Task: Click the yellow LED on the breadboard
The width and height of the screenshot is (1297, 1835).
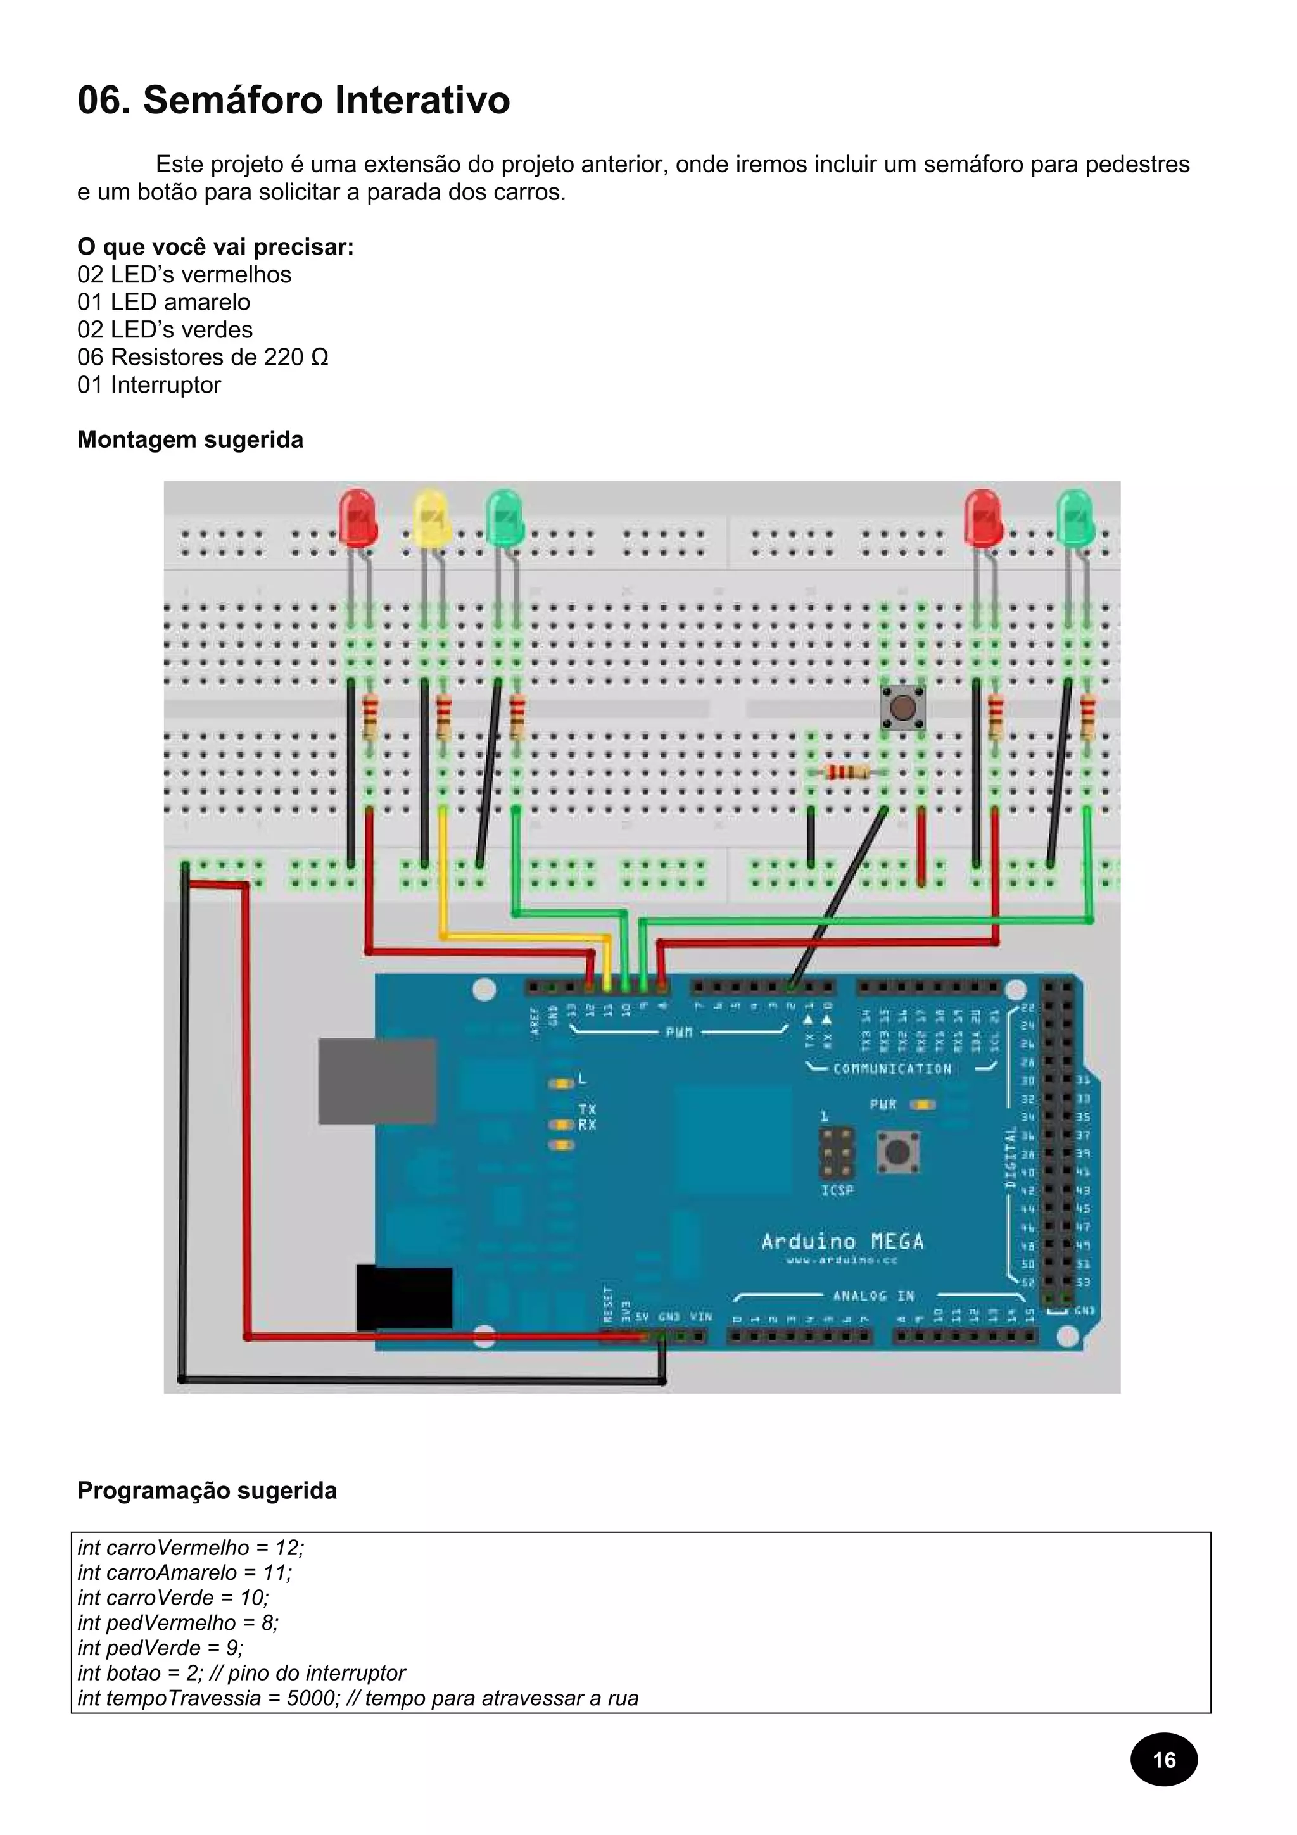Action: (x=431, y=517)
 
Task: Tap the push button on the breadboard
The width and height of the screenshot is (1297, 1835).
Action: (x=901, y=707)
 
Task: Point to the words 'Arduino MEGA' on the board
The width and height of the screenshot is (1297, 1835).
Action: (x=842, y=1241)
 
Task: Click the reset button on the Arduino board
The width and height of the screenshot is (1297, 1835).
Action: (x=897, y=1152)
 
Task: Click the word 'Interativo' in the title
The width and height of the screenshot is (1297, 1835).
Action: (x=422, y=101)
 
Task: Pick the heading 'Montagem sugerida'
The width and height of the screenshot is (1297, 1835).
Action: (x=190, y=439)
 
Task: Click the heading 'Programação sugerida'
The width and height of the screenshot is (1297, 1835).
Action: (x=207, y=1491)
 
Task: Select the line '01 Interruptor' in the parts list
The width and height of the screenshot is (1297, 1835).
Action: (x=149, y=384)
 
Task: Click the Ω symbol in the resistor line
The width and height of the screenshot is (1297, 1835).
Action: (x=319, y=357)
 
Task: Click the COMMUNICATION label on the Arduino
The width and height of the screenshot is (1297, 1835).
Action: (x=892, y=1069)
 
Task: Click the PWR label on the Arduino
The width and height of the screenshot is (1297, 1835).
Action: (x=883, y=1104)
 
